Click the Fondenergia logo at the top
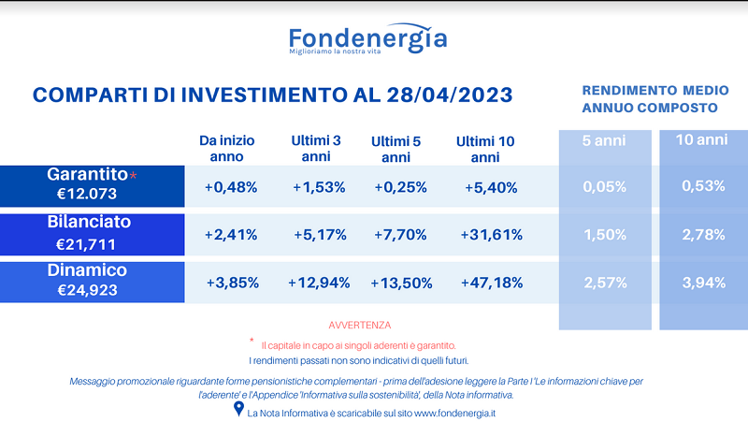pos(367,38)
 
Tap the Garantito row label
pos(87,174)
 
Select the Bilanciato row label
pos(89,222)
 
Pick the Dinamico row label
pos(87,270)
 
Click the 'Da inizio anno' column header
pos(226,149)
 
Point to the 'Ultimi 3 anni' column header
pos(316,149)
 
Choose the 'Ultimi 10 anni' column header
pos(485,149)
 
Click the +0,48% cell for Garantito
pos(231,187)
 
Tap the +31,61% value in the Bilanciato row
pos(492,235)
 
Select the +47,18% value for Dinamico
pos(492,283)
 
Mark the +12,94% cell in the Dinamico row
pos(319,284)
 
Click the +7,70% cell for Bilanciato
pos(400,235)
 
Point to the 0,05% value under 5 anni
pos(604,186)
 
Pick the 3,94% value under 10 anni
pos(704,283)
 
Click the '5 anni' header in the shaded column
pos(604,140)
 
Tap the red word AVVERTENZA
pos(360,325)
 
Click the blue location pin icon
pos(238,409)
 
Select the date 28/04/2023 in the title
pos(450,95)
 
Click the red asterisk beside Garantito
pos(133,176)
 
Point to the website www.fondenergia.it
pos(454,414)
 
